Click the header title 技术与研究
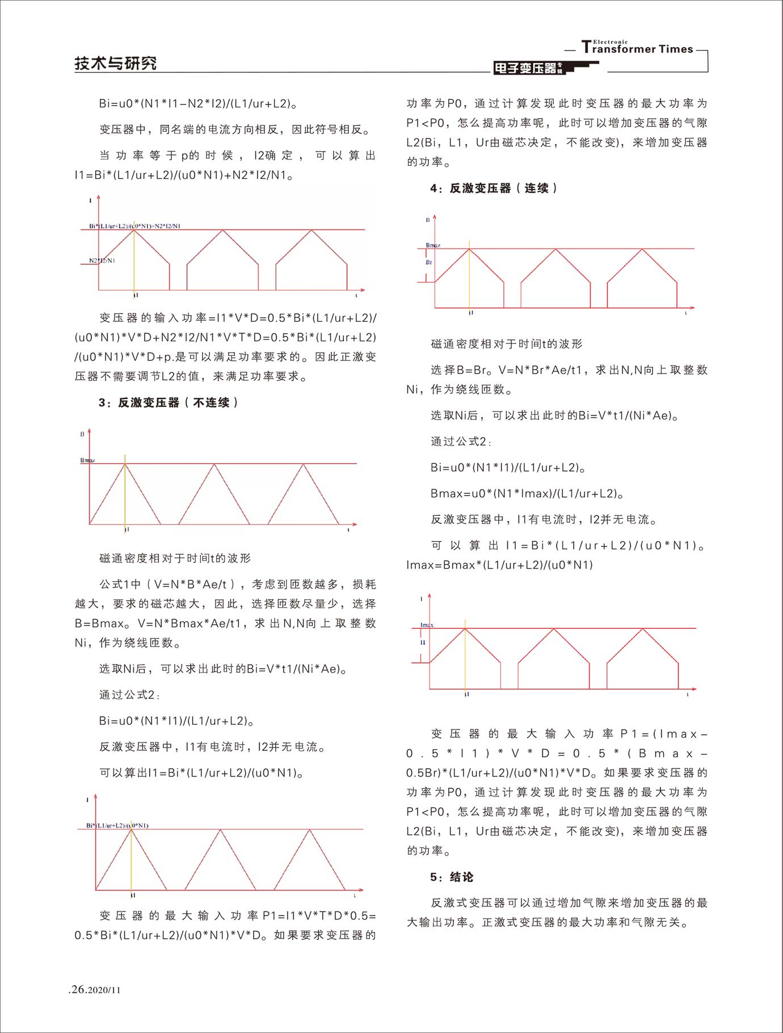coord(116,63)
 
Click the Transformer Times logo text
coord(638,49)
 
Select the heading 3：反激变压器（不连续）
coord(169,402)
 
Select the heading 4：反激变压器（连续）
coord(494,188)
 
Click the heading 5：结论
coord(452,877)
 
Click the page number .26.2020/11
coord(95,990)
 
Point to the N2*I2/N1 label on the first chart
coord(102,261)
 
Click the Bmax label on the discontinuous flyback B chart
coord(87,460)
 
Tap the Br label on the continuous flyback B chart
coord(429,262)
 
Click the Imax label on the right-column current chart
coord(427,625)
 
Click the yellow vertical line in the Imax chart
coord(465,658)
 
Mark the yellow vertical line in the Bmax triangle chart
coord(125,494)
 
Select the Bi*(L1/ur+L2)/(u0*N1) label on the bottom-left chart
coord(117,825)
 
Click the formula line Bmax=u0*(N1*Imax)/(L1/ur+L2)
coord(527,493)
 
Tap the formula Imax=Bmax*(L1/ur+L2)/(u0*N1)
coord(500,565)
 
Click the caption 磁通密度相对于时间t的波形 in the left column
coord(175,558)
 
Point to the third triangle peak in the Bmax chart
coord(304,464)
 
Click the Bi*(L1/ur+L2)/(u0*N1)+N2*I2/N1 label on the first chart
coord(134,226)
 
